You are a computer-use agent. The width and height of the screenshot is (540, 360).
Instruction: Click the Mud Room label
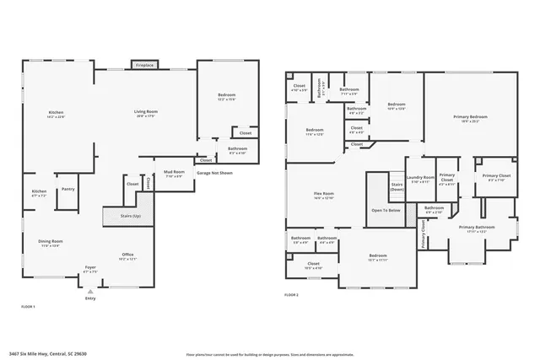coord(173,174)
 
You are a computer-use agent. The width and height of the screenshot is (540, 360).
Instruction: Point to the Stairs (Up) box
coord(127,217)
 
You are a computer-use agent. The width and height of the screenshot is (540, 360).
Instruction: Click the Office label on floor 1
coord(127,255)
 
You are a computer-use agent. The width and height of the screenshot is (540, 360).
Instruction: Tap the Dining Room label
coord(51,243)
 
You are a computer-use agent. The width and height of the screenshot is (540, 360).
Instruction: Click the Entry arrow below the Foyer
coord(90,291)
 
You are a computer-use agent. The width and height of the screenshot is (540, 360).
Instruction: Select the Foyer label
coord(90,270)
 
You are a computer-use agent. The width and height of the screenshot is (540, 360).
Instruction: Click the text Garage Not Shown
coord(214,172)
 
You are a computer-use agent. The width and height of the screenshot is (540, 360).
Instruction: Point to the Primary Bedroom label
coord(471,119)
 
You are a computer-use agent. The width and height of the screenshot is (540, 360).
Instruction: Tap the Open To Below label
coord(386,210)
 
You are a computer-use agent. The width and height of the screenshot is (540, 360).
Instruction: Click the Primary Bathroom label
coord(477,228)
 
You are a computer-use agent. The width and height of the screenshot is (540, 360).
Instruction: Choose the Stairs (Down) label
coord(397,187)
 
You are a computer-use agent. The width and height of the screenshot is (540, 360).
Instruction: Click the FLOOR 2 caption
coord(292,295)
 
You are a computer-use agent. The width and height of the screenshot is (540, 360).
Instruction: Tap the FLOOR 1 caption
coord(27,307)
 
